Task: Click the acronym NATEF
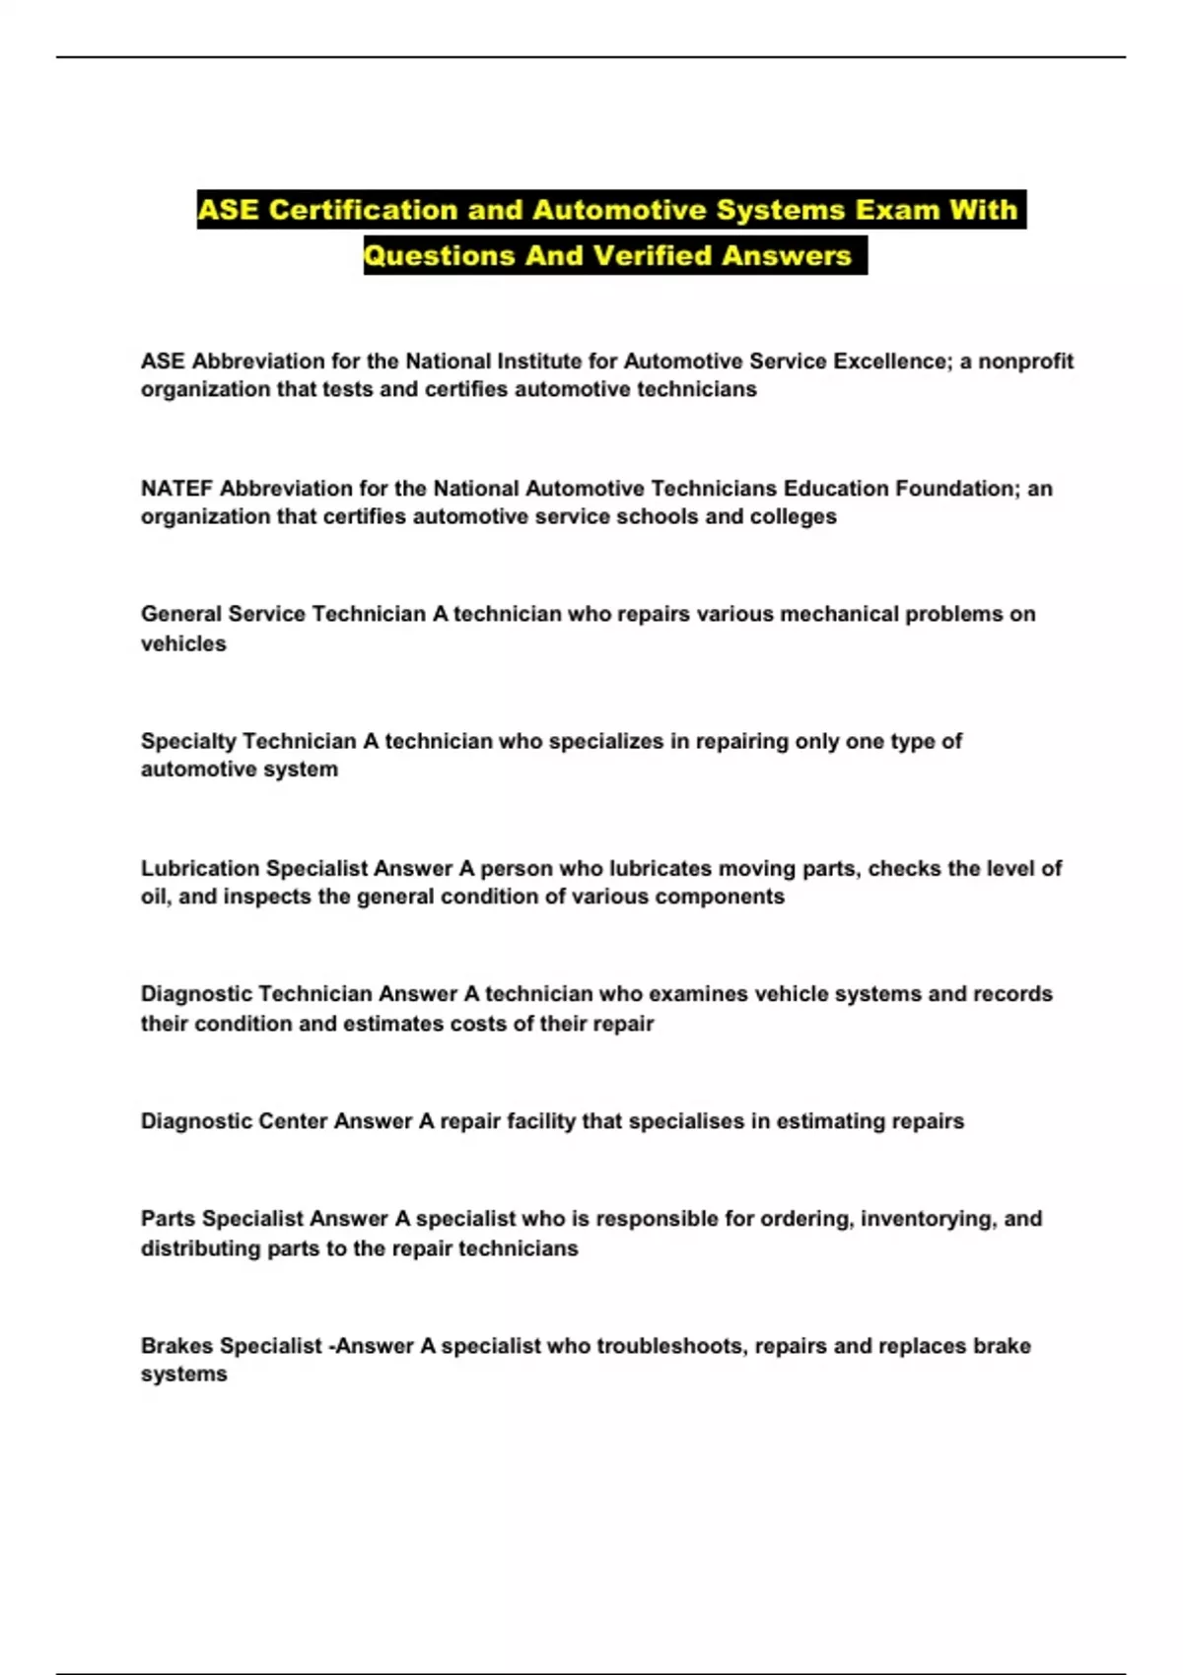[x=176, y=489]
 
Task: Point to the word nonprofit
[x=1025, y=362]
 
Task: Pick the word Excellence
[x=891, y=362]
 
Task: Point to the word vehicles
[x=183, y=644]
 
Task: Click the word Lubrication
[x=200, y=869]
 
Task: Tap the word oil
[x=155, y=898]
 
